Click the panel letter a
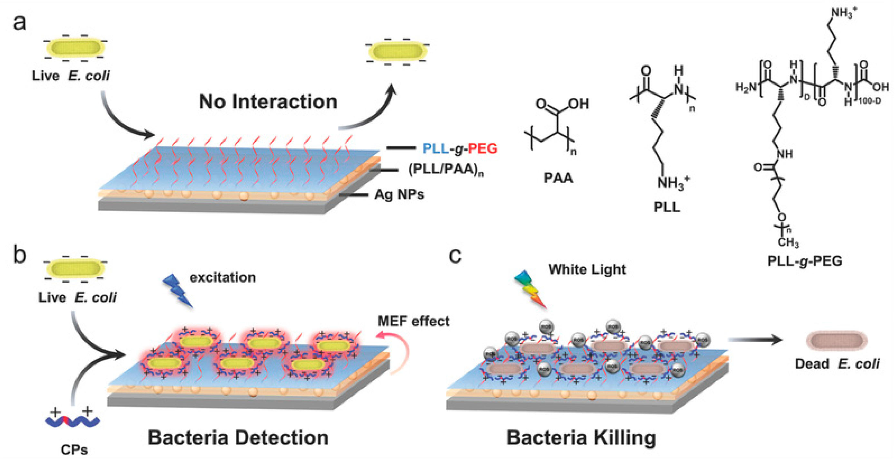(19, 23)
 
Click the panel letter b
(19, 255)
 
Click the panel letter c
(455, 256)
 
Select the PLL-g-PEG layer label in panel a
(460, 148)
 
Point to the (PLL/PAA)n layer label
(445, 170)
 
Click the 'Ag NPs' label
(399, 194)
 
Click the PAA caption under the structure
(558, 178)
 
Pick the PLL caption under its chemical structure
(666, 207)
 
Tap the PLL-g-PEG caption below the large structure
(805, 261)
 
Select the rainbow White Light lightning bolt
(530, 289)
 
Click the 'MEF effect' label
(413, 321)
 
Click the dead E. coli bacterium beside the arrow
(836, 340)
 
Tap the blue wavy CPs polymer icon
(72, 421)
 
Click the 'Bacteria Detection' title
(238, 438)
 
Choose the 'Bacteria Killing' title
(581, 438)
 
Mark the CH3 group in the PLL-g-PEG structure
(788, 242)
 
